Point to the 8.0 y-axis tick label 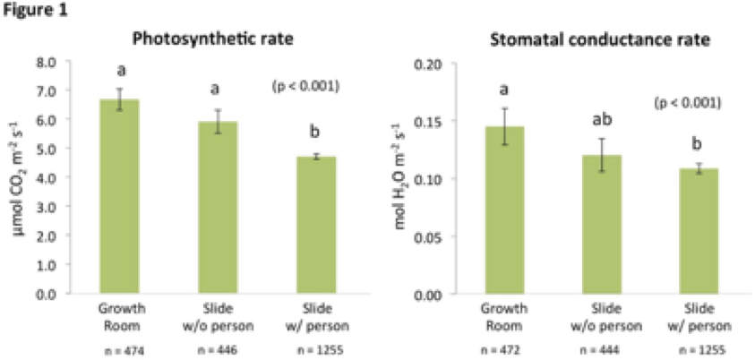45,62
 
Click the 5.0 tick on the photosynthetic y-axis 45,149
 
